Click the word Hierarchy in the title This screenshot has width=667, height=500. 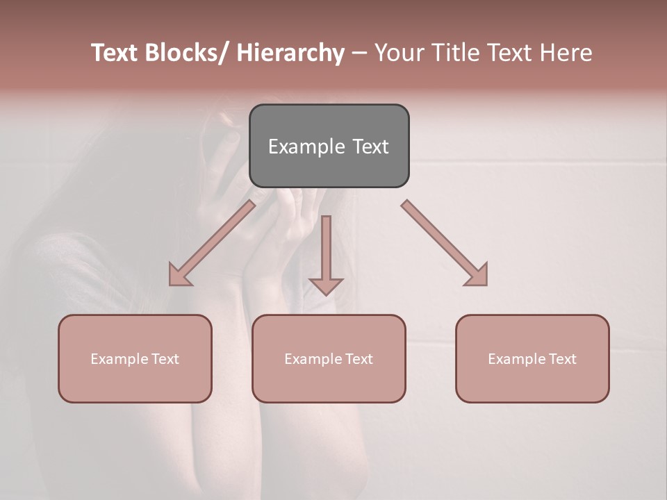click(x=290, y=53)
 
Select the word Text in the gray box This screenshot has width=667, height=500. click(x=370, y=147)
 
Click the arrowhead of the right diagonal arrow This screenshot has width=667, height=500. click(x=478, y=276)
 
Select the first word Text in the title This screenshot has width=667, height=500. click(x=115, y=53)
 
